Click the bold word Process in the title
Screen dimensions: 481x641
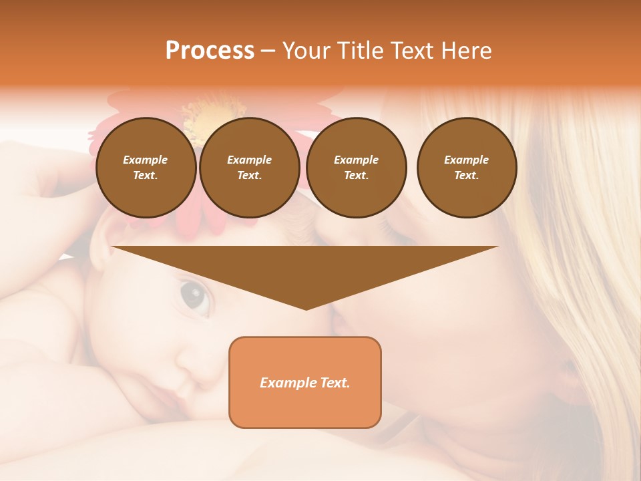210,51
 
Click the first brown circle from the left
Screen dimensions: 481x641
146,168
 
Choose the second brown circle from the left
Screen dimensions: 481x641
249,168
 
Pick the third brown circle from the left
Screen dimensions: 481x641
356,168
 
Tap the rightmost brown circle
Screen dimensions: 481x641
466,168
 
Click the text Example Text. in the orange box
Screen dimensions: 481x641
304,383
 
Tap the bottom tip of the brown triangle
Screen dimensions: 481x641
305,308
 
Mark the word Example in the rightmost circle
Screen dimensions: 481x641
466,160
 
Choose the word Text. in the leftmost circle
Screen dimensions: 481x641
146,176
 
